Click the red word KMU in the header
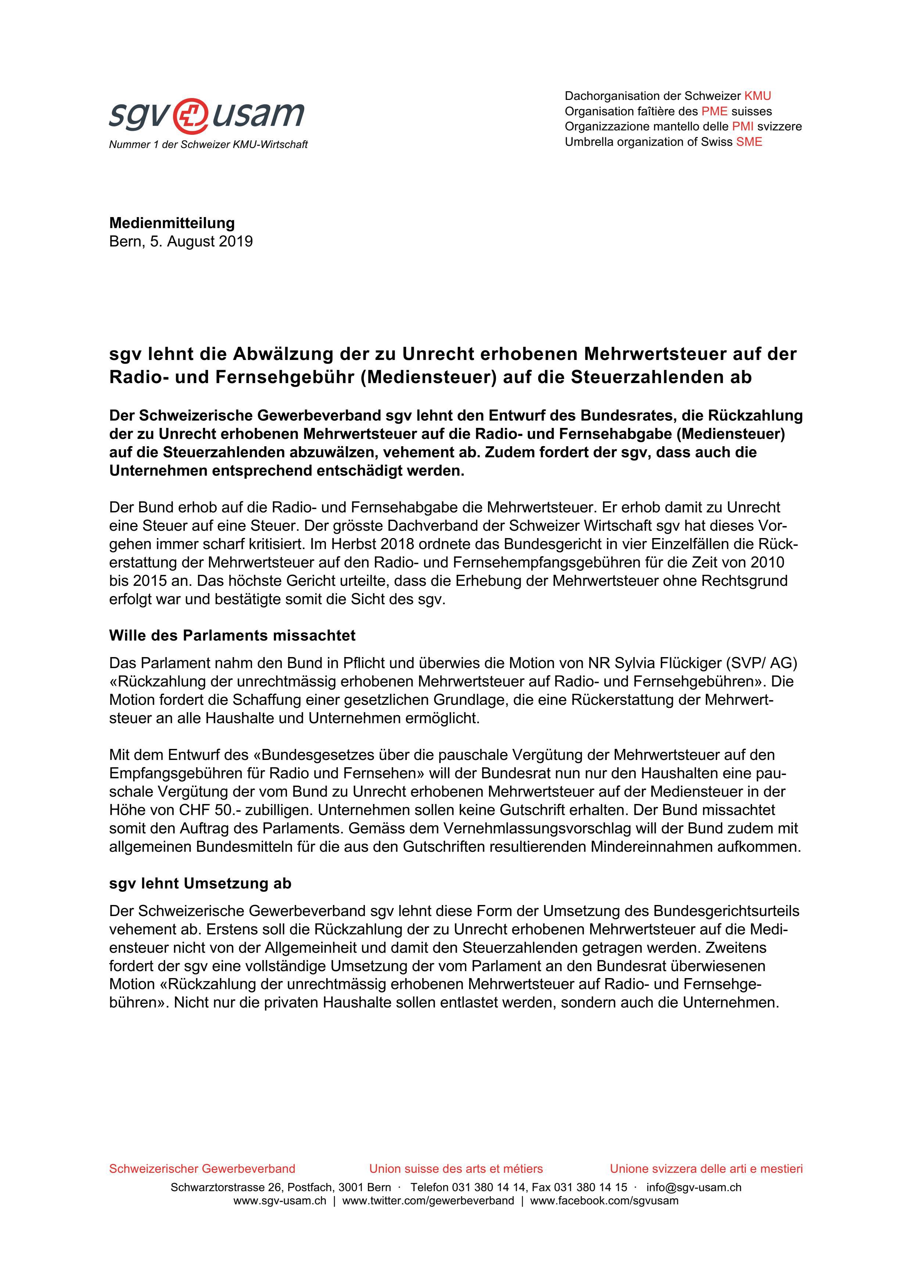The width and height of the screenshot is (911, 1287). click(757, 96)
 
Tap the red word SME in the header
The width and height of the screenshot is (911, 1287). click(749, 142)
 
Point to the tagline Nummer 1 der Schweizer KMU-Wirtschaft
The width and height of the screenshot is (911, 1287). click(208, 145)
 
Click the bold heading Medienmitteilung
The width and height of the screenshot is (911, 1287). click(172, 223)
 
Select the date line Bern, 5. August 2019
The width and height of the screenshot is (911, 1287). click(181, 242)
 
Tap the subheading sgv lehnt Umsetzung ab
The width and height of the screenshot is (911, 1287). click(200, 883)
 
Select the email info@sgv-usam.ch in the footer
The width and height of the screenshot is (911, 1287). click(693, 1187)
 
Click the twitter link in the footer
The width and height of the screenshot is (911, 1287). click(428, 1201)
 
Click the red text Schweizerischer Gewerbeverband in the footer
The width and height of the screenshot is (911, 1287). click(202, 1169)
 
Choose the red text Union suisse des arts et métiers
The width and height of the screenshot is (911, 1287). click(456, 1169)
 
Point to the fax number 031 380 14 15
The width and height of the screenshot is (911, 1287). click(591, 1187)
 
